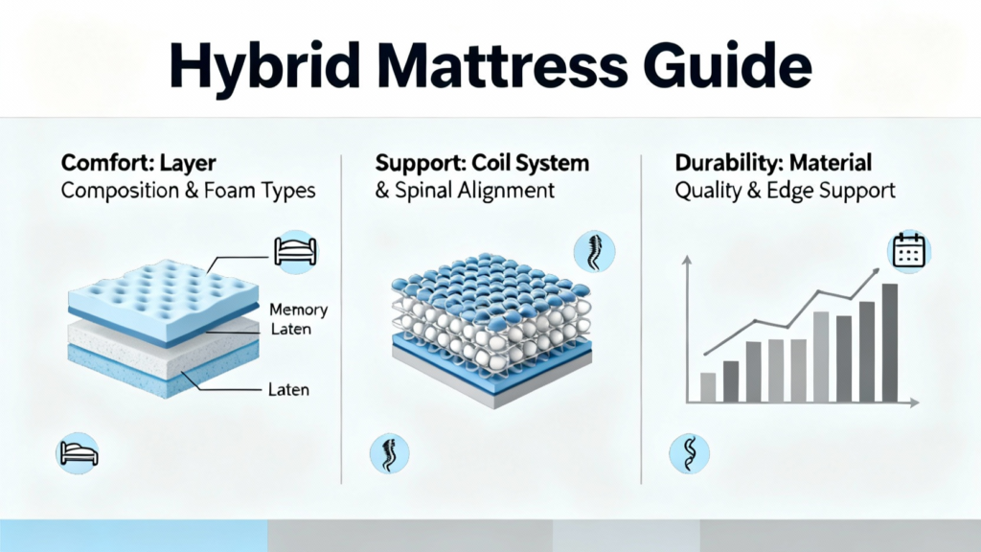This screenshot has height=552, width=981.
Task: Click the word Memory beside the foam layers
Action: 299,310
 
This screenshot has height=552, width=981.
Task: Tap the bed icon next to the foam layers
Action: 296,252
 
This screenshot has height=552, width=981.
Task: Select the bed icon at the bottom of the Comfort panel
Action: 78,453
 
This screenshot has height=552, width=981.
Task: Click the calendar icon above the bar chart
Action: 909,250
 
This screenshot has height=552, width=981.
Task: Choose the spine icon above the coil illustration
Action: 594,252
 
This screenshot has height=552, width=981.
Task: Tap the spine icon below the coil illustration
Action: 390,453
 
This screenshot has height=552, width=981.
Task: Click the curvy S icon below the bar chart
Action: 690,453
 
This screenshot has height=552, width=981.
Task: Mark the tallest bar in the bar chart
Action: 890,342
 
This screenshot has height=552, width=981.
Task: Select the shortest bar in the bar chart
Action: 708,387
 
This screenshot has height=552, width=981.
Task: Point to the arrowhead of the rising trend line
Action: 876,271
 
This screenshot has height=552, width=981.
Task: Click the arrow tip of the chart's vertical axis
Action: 686,256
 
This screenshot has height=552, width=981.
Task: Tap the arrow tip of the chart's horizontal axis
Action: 919,402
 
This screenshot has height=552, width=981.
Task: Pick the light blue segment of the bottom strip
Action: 134,536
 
